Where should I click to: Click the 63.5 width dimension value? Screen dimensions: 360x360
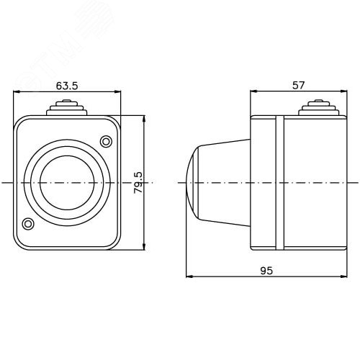coord(67,86)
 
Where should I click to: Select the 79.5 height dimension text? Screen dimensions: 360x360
coord(138,183)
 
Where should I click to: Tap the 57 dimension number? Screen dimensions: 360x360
coord(298,84)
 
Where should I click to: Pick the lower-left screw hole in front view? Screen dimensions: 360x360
coord(28,224)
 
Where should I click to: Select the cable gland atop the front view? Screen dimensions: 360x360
coord(67,109)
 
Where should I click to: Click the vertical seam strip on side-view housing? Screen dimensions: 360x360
coord(276,182)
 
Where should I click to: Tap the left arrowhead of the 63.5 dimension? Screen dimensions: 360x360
coord(17,91)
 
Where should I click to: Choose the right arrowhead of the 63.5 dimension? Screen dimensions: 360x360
coord(117,91)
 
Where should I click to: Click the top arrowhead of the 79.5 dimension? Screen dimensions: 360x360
coord(144,117)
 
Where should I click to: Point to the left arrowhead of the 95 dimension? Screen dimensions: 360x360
coord(189,276)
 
